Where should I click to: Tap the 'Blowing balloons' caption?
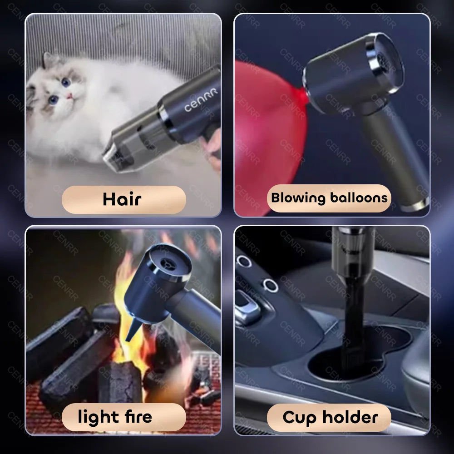[329, 198]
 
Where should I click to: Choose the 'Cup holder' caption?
[329, 417]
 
